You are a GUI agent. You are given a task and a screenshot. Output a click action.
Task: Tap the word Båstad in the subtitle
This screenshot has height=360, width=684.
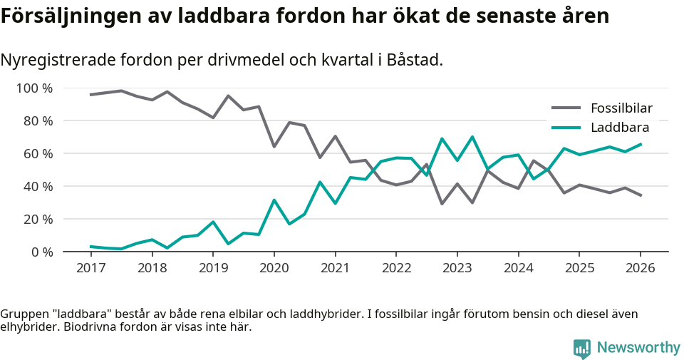coord(414,60)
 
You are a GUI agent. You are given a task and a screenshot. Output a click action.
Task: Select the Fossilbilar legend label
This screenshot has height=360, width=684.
coord(621,108)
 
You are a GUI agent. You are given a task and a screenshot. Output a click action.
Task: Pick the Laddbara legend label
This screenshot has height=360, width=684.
coord(619,128)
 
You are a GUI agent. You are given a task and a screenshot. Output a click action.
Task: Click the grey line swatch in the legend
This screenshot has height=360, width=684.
coord(566,108)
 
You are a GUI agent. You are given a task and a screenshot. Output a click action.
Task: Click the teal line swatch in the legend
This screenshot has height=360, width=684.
coord(566,128)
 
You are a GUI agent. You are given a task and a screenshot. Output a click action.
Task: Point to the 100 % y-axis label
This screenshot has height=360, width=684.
coord(34,88)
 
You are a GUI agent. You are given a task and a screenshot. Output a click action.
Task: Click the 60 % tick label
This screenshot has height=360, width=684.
coord(37,154)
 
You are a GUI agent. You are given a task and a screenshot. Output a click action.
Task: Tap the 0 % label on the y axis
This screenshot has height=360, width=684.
coord(41,252)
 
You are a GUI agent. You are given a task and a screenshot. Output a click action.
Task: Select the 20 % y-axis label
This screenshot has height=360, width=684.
coord(37,219)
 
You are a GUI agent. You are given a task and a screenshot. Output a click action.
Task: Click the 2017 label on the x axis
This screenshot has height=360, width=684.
coord(90,268)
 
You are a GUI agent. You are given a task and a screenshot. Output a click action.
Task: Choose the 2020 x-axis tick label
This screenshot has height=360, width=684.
coord(274,268)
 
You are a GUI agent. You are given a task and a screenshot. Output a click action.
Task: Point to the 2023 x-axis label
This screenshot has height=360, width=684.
coord(457,268)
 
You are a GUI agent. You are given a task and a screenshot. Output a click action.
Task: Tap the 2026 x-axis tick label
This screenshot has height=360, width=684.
coord(640,268)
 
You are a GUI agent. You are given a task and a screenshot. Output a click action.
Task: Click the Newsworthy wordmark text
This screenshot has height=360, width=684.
coord(638,347)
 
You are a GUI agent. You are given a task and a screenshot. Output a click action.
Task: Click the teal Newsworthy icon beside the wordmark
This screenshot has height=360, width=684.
coord(581,348)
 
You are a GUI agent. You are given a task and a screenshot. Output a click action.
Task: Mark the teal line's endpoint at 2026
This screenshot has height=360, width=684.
coord(641,144)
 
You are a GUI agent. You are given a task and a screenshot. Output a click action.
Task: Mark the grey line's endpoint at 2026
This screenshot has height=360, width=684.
coord(641,195)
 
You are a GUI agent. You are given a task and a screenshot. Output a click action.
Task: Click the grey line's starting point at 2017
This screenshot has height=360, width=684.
coord(90,95)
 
